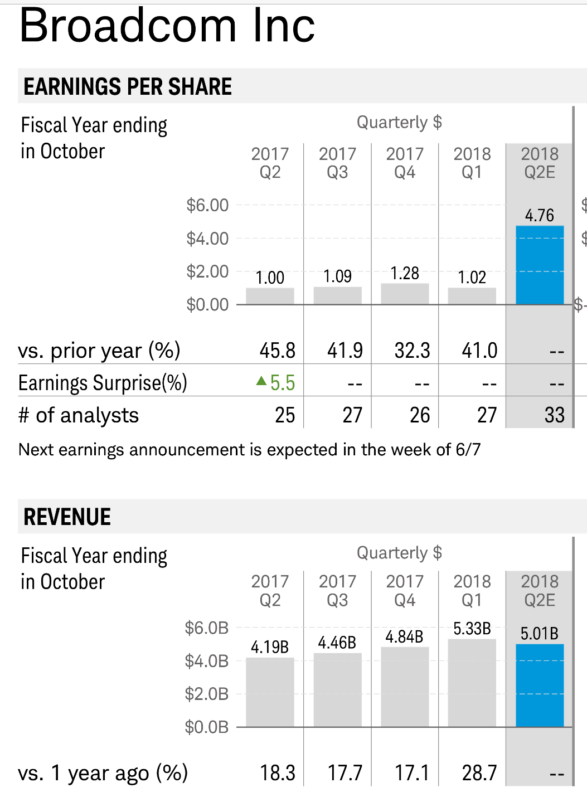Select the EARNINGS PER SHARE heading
tap(128, 86)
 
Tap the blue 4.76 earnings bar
tap(540, 265)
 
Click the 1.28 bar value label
tap(405, 273)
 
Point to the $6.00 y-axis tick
tap(207, 205)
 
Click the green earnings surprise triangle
tap(261, 381)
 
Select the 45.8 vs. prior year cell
tap(278, 351)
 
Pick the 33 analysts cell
tap(554, 415)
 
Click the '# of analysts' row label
tap(79, 415)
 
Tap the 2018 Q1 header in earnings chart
tap(472, 163)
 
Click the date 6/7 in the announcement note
tap(468, 450)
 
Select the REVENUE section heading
tap(67, 517)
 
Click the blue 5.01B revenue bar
tap(540, 686)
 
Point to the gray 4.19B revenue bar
tap(270, 692)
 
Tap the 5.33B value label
tap(472, 629)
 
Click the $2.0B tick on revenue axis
tap(207, 694)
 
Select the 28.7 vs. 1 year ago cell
tap(479, 773)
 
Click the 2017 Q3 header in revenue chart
tap(337, 591)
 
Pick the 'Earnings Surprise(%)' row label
tap(103, 383)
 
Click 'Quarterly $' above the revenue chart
tap(399, 553)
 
